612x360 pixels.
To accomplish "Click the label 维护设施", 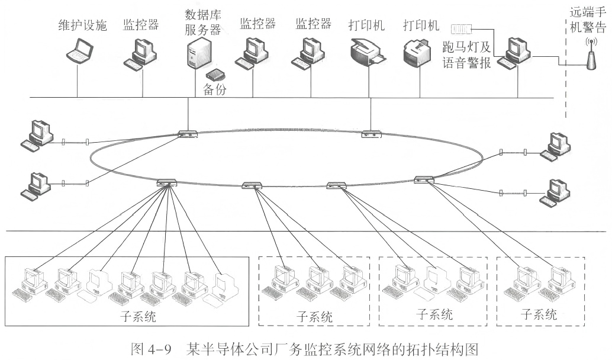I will [x=82, y=26].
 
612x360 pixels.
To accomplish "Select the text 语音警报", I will [x=467, y=65].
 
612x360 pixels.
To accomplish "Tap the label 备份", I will [x=215, y=90].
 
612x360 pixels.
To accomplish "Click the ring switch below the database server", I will [x=188, y=134].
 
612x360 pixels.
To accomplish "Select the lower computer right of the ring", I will [x=554, y=192].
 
